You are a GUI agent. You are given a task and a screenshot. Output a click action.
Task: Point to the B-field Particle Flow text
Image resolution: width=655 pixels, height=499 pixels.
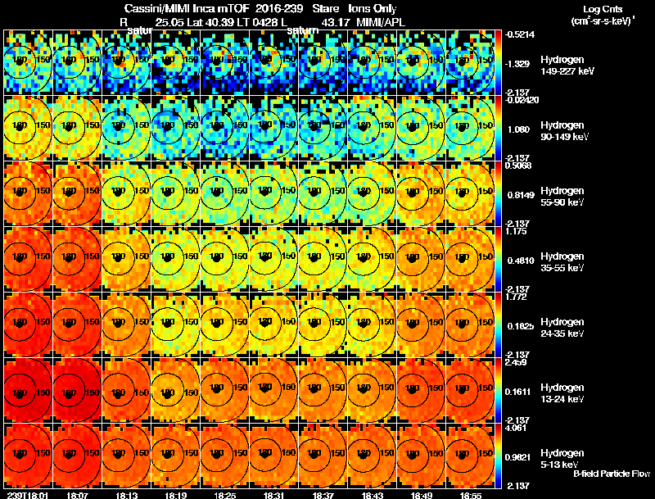coord(612,474)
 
